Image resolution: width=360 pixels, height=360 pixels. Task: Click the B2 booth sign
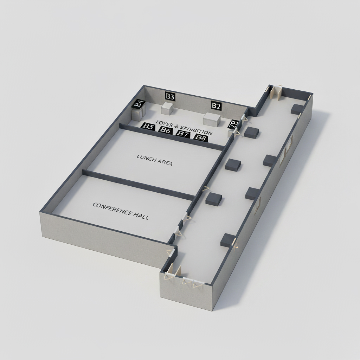[216, 106]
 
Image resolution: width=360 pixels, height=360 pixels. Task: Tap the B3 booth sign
[170, 96]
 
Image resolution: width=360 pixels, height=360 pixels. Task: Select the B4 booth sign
[139, 104]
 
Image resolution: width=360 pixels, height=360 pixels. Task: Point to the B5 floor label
[148, 126]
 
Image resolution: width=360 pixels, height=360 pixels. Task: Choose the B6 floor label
[165, 130]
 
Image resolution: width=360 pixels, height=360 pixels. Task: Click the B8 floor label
[201, 137]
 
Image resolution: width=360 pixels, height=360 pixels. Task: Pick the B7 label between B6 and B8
[183, 134]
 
